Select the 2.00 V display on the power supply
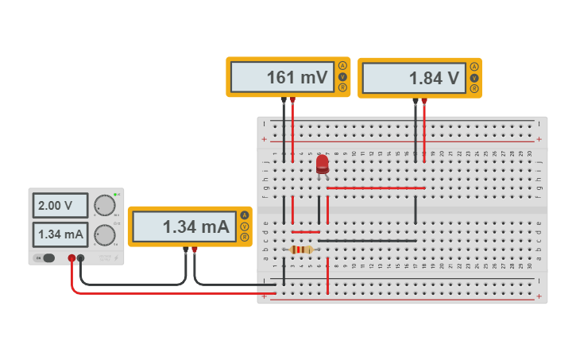coord(60,206)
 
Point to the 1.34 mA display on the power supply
coord(60,234)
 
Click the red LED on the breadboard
coord(322,165)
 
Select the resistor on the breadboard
coord(301,250)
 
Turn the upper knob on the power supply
coord(104,206)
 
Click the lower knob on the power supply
coord(104,234)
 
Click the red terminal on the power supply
coord(72,257)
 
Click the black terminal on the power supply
coord(81,257)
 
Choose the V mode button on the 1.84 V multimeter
coord(474,78)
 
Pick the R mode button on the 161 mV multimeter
coord(342,88)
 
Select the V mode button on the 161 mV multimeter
coord(342,77)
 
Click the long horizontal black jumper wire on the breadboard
coord(367,240)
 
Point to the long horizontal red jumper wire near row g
coord(375,188)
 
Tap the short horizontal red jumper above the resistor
coord(306,232)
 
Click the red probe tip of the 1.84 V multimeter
coord(424,102)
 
